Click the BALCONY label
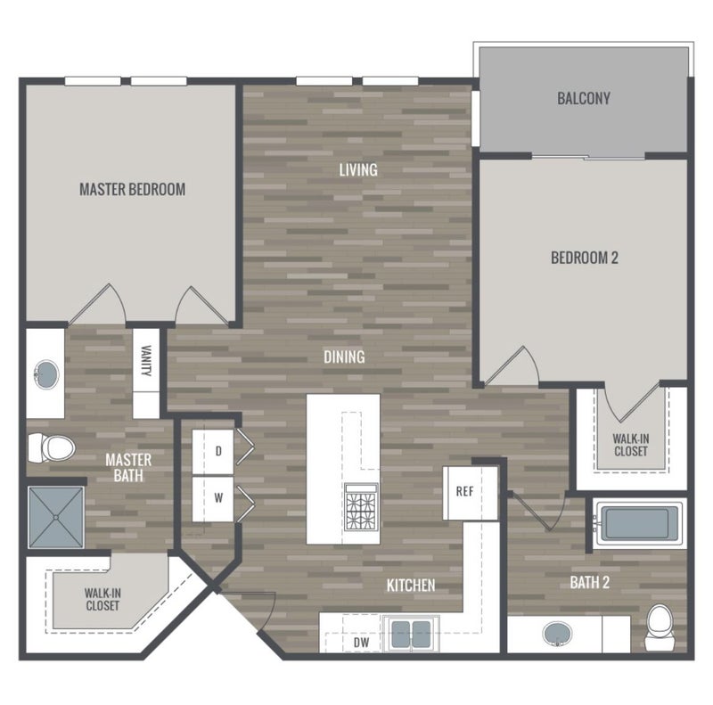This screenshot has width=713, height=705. coord(584,98)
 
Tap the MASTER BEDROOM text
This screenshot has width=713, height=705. coord(132,189)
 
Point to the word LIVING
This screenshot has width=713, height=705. coord(358,170)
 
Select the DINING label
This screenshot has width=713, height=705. coord(344,357)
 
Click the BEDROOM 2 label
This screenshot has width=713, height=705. coord(585,258)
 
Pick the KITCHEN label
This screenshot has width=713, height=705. coord(411,586)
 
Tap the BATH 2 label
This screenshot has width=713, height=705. coord(590,583)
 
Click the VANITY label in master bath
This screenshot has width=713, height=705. coord(146,361)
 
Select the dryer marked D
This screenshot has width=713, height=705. coord(213,452)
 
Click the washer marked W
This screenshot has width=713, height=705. coord(213,498)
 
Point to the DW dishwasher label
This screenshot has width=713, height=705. coord(362,643)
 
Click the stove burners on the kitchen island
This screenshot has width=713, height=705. coord(361,507)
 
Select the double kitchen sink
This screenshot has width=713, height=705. coord(411,635)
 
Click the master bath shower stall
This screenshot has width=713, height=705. coord(56,518)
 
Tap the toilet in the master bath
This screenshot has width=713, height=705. coord(51,448)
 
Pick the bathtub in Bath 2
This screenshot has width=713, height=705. coord(637,523)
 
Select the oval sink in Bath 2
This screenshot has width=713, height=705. coord(558,634)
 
